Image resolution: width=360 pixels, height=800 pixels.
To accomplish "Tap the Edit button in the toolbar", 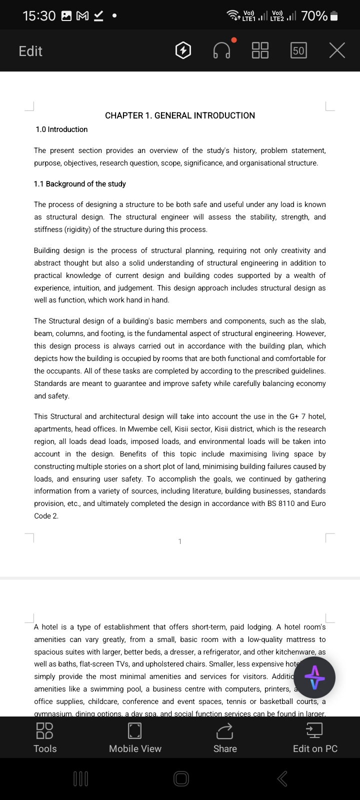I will [30, 51].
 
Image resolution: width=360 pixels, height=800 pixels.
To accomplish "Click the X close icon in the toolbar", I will [337, 50].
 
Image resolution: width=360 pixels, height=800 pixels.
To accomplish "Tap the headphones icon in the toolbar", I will [222, 50].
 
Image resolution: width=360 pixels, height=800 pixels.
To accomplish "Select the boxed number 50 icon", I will [298, 50].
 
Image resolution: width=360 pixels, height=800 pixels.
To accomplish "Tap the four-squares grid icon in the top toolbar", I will [260, 50].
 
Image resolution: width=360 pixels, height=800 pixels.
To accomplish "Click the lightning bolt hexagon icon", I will [183, 50].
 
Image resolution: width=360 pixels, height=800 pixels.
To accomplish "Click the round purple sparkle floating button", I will [314, 677].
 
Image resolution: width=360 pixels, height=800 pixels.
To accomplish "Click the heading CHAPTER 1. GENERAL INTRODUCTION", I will [180, 115].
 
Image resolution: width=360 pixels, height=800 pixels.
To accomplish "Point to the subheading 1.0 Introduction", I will [61, 129].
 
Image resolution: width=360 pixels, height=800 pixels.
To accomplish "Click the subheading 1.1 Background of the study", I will [80, 184].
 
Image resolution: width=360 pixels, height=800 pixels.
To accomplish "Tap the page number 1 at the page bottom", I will [180, 541].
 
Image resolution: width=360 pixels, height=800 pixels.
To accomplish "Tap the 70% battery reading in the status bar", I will [314, 16].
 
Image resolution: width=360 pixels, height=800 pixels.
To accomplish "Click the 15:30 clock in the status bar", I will [39, 16].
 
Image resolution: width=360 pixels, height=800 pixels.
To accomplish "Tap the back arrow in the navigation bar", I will [282, 778].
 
